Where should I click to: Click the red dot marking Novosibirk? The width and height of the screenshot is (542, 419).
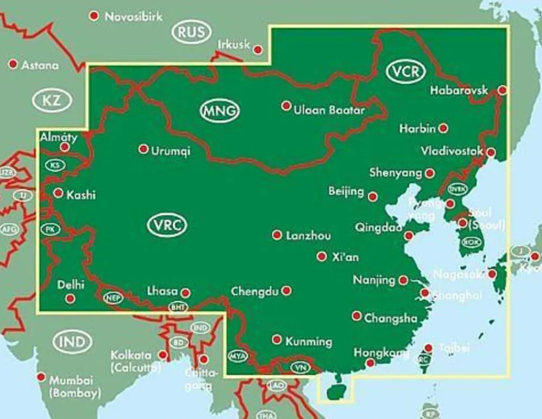(x=95, y=16)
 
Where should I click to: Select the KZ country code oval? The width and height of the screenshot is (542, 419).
(x=52, y=100)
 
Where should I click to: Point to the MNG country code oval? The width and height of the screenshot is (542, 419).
(x=220, y=111)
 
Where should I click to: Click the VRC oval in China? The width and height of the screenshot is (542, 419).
(x=167, y=225)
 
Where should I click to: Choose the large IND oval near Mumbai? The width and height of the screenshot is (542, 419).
(x=73, y=342)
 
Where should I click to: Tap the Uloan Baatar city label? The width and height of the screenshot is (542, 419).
(x=328, y=110)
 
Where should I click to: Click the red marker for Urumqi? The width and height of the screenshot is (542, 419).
(x=143, y=149)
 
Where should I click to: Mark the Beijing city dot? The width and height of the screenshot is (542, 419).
(x=373, y=196)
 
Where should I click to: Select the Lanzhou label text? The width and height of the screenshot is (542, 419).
(x=308, y=236)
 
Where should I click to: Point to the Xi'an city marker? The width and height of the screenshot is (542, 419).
(x=322, y=256)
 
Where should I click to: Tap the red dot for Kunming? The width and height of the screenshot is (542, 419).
(x=277, y=339)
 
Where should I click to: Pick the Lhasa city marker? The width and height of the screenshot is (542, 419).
(x=185, y=293)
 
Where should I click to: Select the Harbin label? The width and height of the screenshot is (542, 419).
(x=417, y=129)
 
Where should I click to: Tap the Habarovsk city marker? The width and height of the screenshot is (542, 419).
(x=503, y=90)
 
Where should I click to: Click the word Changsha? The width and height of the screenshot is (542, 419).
(x=391, y=318)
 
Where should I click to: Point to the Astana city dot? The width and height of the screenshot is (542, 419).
(x=13, y=64)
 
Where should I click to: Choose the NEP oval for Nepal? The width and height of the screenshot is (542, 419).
(x=113, y=298)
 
